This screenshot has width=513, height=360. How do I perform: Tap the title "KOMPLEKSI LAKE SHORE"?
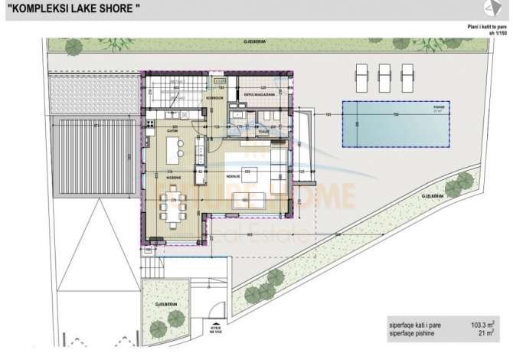pyautogui.click(x=70, y=8)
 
